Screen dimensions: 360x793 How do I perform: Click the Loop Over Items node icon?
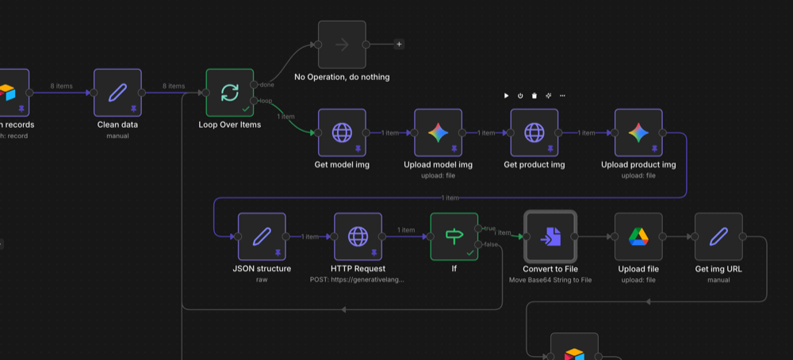pyautogui.click(x=229, y=93)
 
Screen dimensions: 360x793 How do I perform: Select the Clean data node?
pyautogui.click(x=117, y=93)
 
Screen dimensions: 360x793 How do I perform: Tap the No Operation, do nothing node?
pyautogui.click(x=342, y=44)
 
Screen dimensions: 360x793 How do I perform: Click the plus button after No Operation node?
pyautogui.click(x=399, y=44)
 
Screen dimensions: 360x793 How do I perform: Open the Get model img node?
pyautogui.click(x=342, y=133)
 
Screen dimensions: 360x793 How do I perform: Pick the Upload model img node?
pyautogui.click(x=438, y=133)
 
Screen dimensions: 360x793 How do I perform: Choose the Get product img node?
pyautogui.click(x=534, y=133)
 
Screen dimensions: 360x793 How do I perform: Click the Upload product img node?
pyautogui.click(x=638, y=133)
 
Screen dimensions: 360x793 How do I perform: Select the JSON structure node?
pyautogui.click(x=262, y=236)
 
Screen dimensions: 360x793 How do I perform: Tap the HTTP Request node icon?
pyautogui.click(x=358, y=236)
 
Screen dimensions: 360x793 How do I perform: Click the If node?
pyautogui.click(x=454, y=236)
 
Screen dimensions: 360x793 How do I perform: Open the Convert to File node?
pyautogui.click(x=550, y=236)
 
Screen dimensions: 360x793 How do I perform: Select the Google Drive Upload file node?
pyautogui.click(x=638, y=236)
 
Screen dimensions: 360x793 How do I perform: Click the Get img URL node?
pyautogui.click(x=718, y=236)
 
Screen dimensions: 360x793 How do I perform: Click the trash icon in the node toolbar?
pyautogui.click(x=534, y=96)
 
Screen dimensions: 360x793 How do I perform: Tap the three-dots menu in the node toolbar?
pyautogui.click(x=562, y=96)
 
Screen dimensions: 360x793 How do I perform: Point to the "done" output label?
pyautogui.click(x=267, y=85)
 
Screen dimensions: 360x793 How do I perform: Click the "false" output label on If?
pyautogui.click(x=492, y=244)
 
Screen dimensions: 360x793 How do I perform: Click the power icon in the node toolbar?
pyautogui.click(x=520, y=96)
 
